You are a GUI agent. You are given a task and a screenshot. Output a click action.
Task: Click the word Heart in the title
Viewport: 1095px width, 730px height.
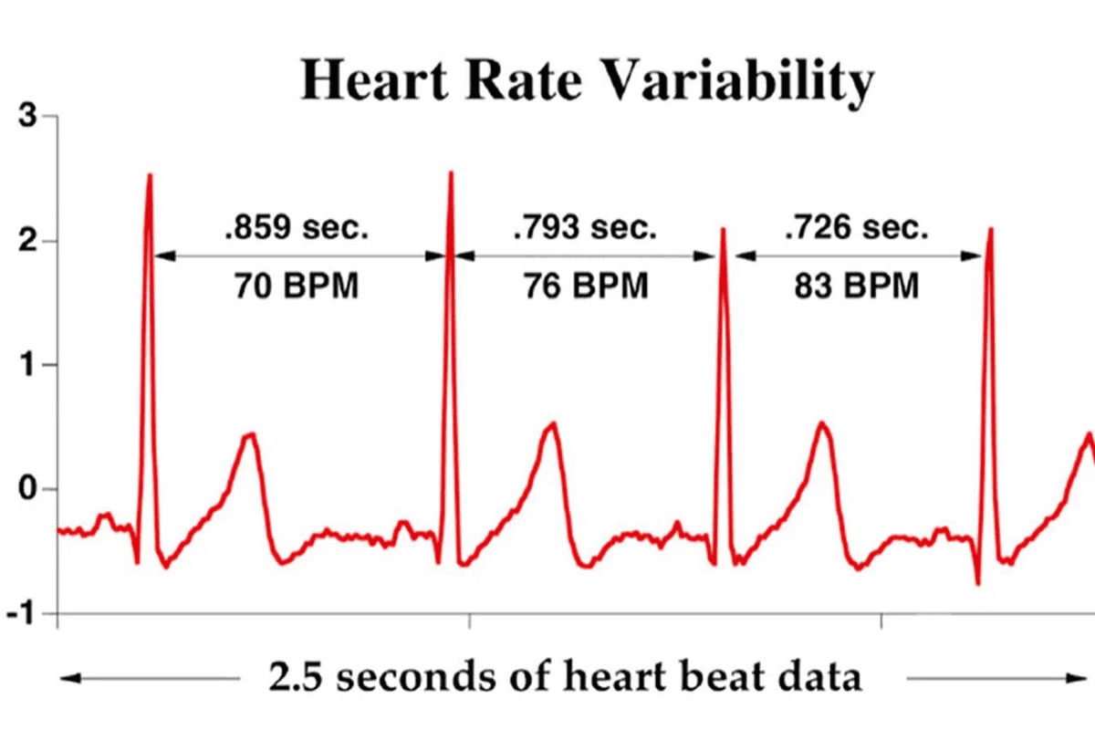(x=373, y=79)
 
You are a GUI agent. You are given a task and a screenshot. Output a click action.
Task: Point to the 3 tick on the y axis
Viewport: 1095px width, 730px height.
(x=27, y=116)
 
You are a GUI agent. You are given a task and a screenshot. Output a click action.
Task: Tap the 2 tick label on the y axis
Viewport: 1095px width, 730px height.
(x=27, y=241)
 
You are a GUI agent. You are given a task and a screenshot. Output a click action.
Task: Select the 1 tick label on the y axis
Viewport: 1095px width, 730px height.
(x=27, y=365)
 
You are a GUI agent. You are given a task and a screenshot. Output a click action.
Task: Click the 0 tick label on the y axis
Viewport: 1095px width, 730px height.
(x=27, y=488)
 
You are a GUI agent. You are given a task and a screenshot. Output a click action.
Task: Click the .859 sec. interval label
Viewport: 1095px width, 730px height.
(x=297, y=227)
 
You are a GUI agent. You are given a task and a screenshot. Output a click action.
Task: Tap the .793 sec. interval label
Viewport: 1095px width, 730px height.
(x=585, y=227)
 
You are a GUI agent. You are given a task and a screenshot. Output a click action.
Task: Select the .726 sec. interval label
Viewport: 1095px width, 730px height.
(x=857, y=227)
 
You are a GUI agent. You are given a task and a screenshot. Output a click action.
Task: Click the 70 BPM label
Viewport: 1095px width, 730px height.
(x=297, y=286)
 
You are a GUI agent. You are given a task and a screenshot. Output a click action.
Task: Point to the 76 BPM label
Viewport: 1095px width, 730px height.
(x=586, y=286)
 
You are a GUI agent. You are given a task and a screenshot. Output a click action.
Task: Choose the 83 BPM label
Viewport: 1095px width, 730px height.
(x=857, y=286)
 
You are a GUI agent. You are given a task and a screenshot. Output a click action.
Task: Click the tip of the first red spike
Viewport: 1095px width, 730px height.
(x=150, y=174)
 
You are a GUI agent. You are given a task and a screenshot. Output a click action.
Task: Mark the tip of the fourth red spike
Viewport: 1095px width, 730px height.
(x=991, y=228)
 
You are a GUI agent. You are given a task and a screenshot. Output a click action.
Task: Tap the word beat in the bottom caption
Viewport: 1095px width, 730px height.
(x=720, y=676)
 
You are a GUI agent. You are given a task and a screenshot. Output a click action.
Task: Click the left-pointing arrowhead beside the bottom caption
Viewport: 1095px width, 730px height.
(x=70, y=678)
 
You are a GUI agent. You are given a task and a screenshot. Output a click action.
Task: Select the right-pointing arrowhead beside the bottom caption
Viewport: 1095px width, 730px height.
(x=1077, y=678)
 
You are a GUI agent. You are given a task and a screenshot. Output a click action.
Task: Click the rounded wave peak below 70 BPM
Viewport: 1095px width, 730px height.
(x=250, y=434)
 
